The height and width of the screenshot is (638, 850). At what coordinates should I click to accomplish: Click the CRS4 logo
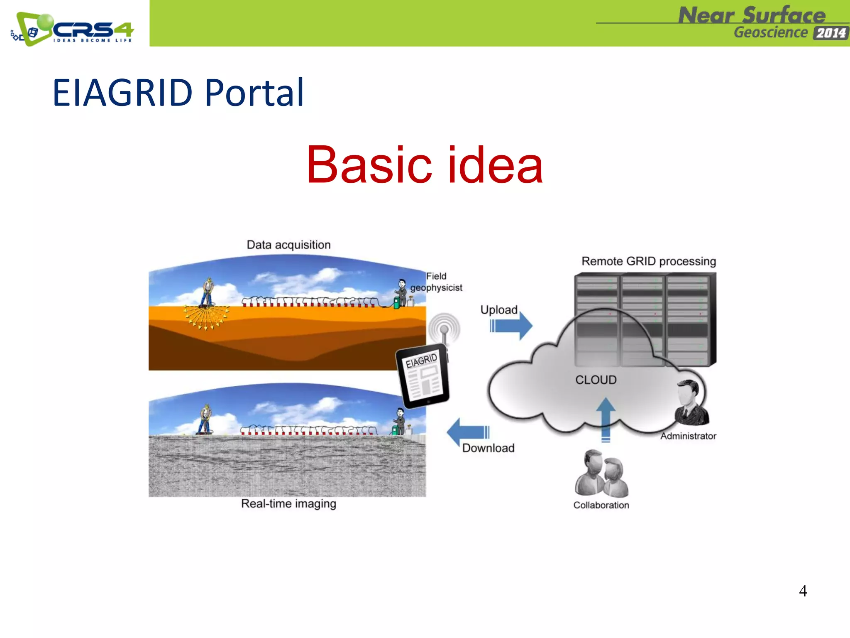pos(73,29)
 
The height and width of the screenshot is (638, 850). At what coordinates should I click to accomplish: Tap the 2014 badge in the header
pos(830,33)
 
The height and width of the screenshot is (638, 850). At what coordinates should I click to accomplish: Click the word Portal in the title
pos(254,93)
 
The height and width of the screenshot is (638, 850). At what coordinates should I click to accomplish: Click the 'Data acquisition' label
pos(288,245)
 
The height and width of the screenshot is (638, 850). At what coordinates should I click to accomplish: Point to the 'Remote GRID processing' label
pos(648,261)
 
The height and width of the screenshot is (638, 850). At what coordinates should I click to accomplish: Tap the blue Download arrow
pos(468,432)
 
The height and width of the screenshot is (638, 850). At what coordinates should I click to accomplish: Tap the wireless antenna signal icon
pos(444,328)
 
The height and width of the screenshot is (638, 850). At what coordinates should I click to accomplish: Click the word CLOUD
pos(596,380)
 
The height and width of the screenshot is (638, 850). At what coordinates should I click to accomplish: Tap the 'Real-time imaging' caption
pos(288,503)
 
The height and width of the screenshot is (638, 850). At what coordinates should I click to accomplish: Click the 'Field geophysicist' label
pos(436,282)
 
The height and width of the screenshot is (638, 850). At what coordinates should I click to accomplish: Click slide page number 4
pos(803,591)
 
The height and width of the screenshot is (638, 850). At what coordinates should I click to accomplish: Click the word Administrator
pos(688,436)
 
